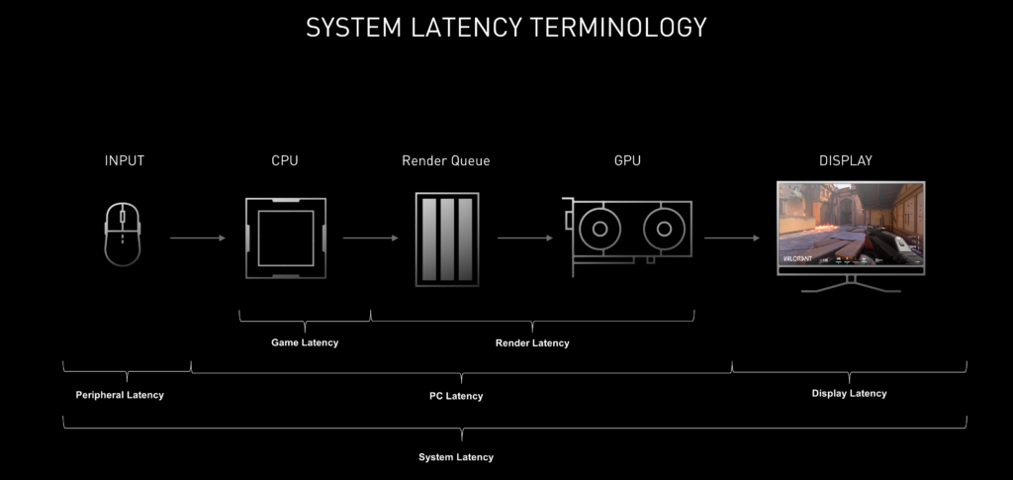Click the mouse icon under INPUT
(x=124, y=234)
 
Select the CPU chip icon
(x=285, y=238)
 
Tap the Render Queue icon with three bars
(x=446, y=239)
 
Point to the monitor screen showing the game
(x=850, y=224)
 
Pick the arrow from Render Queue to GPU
(x=524, y=238)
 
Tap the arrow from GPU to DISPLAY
(x=731, y=238)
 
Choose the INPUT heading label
(x=124, y=160)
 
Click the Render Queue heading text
(x=445, y=160)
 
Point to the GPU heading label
(x=626, y=160)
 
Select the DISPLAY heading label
(x=846, y=160)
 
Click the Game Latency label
(x=305, y=342)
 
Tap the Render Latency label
(x=532, y=342)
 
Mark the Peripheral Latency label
(x=120, y=395)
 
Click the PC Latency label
(x=456, y=396)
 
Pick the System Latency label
(x=456, y=457)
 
